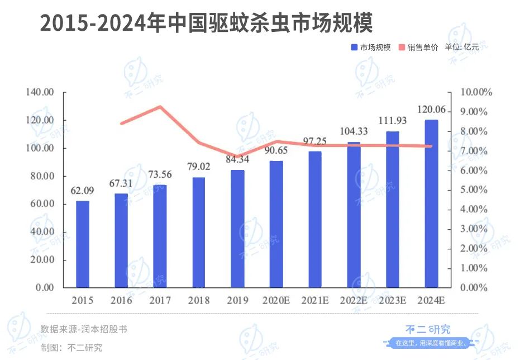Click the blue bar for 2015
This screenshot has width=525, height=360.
[83, 244]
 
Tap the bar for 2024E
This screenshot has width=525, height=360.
[431, 204]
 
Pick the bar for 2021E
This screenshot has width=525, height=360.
[315, 220]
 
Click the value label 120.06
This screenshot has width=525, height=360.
[431, 110]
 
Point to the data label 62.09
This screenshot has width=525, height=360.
[82, 191]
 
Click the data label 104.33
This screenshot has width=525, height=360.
[354, 131]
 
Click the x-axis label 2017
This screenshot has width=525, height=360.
[160, 301]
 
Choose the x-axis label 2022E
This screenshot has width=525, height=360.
[354, 301]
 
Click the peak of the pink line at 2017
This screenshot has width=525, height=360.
[160, 107]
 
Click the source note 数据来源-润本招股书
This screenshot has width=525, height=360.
[84, 329]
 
